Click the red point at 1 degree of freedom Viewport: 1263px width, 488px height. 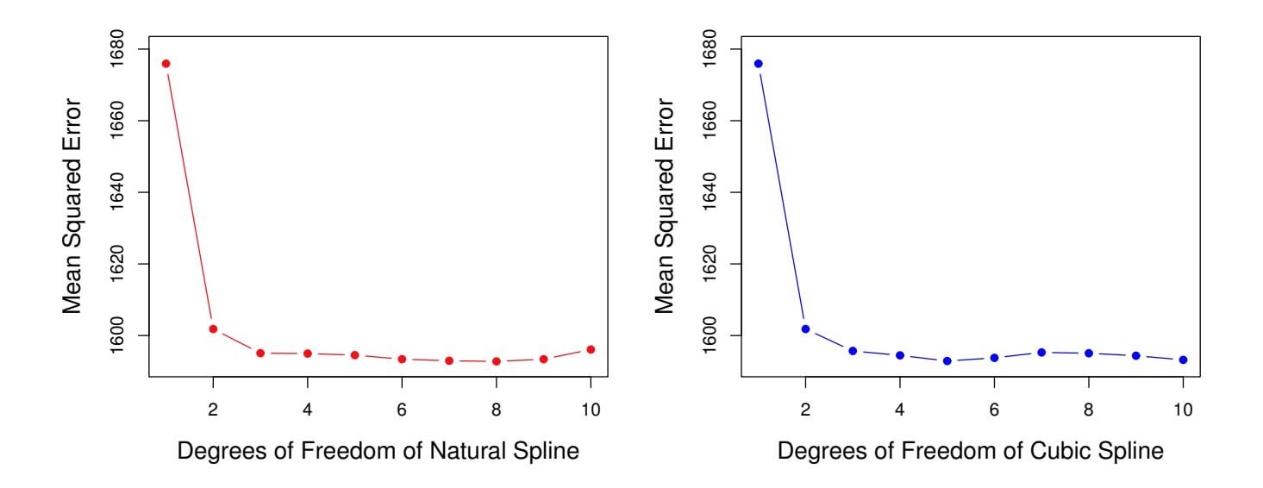(166, 64)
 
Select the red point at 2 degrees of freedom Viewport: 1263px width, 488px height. (213, 328)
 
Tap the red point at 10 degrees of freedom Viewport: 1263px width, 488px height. (591, 349)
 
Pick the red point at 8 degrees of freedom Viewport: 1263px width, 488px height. (497, 361)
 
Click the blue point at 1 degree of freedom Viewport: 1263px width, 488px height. (758, 64)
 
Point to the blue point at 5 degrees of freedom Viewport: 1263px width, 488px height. (947, 361)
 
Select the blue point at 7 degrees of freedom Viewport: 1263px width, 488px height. (1041, 352)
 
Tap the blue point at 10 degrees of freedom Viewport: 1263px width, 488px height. (1183, 360)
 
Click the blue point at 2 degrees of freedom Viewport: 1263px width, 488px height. (805, 328)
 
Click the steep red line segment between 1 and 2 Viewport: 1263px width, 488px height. (189, 197)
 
